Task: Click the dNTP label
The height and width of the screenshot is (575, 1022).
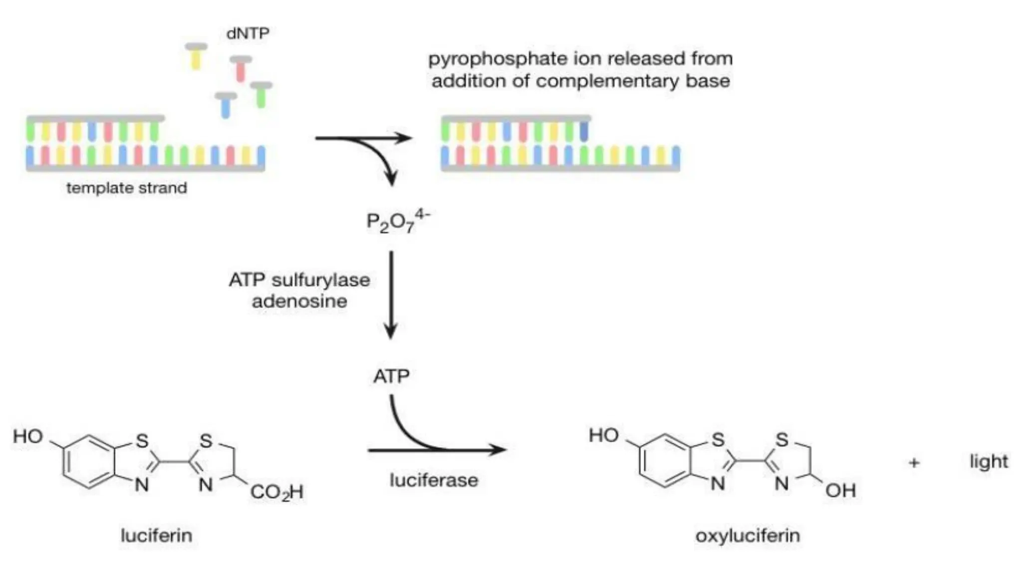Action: [248, 33]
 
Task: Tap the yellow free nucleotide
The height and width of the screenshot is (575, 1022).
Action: [196, 56]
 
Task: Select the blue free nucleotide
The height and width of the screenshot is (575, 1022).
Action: [226, 104]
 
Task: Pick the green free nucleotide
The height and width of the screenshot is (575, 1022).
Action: [261, 95]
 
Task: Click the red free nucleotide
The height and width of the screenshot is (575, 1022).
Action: [241, 68]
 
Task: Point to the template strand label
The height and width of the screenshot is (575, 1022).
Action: [127, 188]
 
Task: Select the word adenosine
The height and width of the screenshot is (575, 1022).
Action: [299, 301]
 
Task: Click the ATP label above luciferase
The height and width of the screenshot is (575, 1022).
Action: [391, 376]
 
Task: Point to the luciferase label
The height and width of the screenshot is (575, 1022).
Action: [434, 480]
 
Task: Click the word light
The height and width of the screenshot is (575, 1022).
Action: [989, 462]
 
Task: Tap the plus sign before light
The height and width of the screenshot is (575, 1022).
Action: [914, 463]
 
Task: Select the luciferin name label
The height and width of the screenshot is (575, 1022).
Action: [156, 536]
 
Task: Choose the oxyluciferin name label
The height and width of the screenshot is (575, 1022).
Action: [748, 536]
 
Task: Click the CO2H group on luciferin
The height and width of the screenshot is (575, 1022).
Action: [277, 492]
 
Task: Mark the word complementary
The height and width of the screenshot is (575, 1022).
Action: [607, 81]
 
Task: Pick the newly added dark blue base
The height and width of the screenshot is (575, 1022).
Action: [584, 131]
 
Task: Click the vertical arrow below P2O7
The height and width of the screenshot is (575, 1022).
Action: [391, 294]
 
